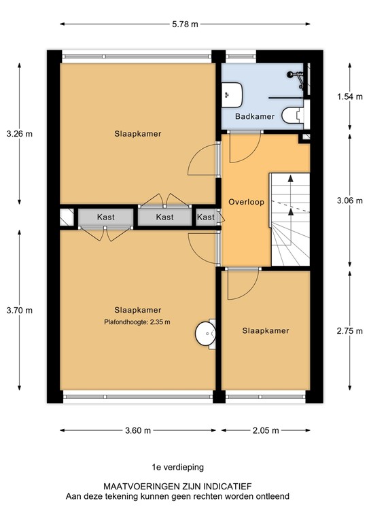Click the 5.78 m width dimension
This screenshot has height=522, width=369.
tap(185, 24)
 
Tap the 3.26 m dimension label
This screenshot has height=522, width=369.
tap(20, 134)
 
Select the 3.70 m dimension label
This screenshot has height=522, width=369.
tap(20, 311)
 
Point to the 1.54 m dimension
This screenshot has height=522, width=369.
tap(350, 97)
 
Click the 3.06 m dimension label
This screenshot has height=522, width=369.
tap(350, 201)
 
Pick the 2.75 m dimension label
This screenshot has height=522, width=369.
tap(350, 331)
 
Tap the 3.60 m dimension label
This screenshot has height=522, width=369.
tap(138, 431)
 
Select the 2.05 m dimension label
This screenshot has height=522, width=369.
tap(266, 431)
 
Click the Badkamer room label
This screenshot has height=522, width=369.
tap(255, 116)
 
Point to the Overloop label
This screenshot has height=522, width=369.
tap(246, 202)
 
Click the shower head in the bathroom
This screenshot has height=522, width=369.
tap(290, 75)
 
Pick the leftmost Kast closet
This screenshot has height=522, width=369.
tap(106, 217)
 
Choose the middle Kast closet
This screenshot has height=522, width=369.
tap(164, 217)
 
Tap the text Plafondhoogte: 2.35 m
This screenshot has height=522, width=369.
tap(137, 322)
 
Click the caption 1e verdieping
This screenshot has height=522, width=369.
tap(177, 468)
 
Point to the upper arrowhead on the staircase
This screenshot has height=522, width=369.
tap(291, 179)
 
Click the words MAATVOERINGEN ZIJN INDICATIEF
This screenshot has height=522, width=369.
tap(177, 487)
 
